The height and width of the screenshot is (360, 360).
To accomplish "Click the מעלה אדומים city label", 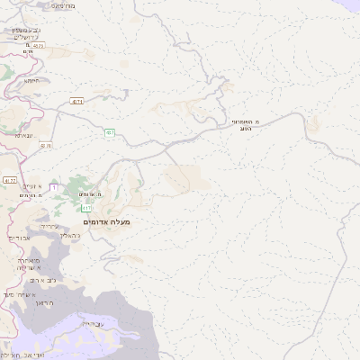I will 106,221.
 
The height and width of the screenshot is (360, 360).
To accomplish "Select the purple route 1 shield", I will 54,186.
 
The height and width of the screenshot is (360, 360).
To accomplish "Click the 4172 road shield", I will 9,180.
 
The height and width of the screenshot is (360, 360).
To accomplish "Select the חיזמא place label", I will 32,80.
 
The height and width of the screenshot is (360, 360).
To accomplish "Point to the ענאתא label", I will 24,135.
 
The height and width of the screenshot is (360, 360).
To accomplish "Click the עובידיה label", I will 92,322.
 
